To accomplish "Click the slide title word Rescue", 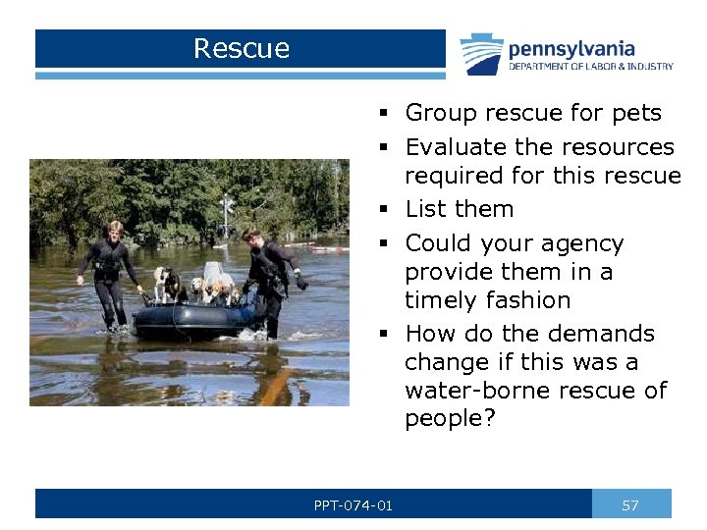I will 242,48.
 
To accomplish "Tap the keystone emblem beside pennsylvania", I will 481,54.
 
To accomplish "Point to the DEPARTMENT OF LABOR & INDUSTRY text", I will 590,67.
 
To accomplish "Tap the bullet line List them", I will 459,209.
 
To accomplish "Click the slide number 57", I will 630,505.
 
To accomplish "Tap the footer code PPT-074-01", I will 353,505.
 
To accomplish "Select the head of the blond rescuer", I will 115,230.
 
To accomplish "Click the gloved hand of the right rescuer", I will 300,285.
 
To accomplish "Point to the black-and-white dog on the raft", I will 167,285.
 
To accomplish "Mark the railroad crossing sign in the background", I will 228,203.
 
